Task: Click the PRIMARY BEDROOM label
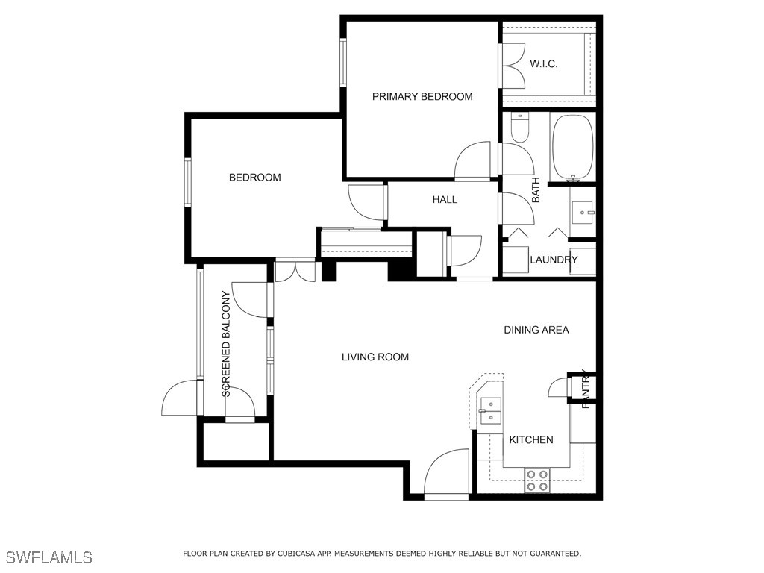[422, 96]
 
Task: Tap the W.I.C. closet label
[544, 64]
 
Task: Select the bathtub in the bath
[573, 148]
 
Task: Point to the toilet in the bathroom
[520, 128]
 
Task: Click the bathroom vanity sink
[583, 213]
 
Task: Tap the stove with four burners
[537, 480]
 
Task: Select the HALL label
[445, 199]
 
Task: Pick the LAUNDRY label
[554, 260]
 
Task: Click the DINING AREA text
[536, 330]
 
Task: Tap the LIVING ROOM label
[375, 357]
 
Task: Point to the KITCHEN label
[531, 440]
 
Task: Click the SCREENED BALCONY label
[225, 344]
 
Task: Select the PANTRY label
[586, 389]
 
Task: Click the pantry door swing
[558, 387]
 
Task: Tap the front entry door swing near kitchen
[446, 472]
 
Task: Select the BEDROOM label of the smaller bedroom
[255, 178]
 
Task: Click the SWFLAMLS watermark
[49, 557]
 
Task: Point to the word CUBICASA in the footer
[294, 554]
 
